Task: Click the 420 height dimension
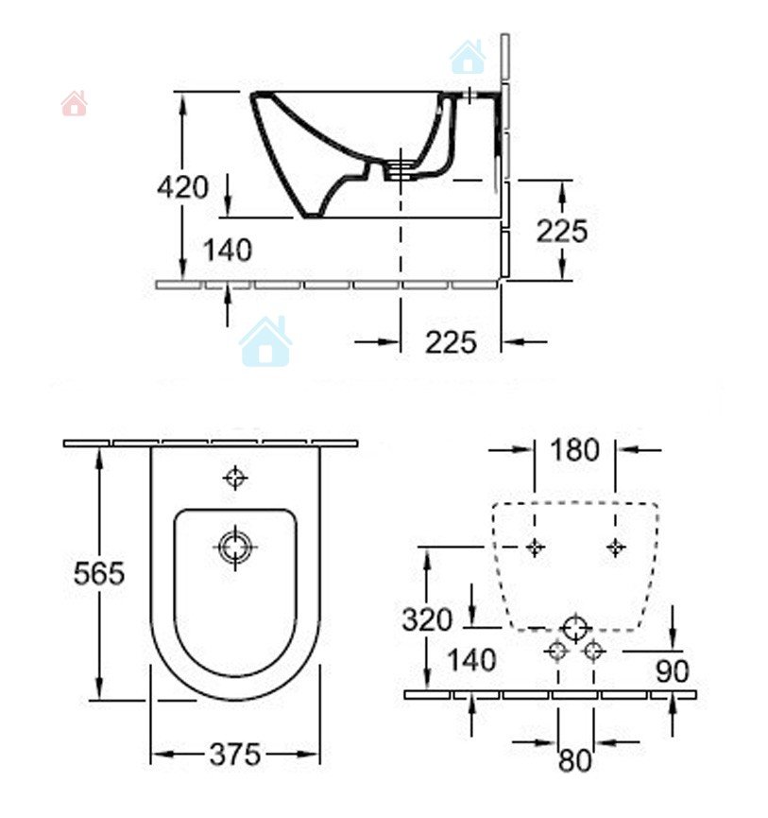[182, 186]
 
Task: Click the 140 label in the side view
[227, 250]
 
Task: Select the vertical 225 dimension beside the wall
[562, 231]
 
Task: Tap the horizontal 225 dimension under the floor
[451, 342]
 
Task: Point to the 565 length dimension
[99, 573]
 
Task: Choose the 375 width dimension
[234, 755]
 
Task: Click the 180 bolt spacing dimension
[574, 450]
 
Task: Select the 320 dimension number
[427, 620]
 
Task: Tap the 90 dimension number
[673, 671]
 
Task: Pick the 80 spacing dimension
[575, 760]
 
